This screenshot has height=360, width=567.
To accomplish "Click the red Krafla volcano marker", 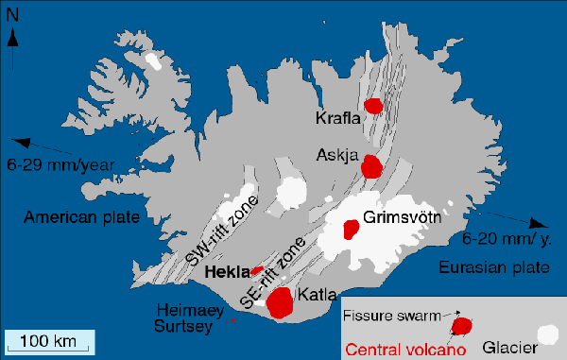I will click(374, 106).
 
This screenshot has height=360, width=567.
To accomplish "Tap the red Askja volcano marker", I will click(372, 167).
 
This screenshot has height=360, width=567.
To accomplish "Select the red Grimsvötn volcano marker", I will click(351, 229).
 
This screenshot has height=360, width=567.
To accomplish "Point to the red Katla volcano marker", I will click(280, 301).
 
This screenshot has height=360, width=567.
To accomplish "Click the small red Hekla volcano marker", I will click(256, 270).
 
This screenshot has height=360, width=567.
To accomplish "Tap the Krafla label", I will click(337, 117).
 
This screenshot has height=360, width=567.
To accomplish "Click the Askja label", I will click(335, 153).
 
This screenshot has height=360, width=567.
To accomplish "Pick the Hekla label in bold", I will click(226, 270).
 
